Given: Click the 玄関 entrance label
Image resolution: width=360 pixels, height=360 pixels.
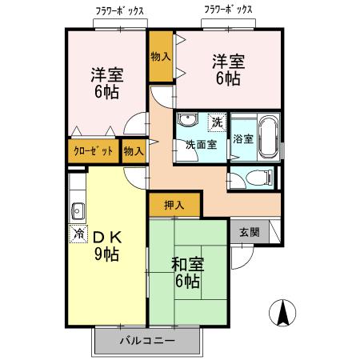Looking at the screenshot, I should [x=249, y=232].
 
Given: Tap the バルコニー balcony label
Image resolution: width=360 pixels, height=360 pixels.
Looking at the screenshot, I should [x=147, y=341].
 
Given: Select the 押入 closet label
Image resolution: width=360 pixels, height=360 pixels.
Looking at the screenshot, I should [x=174, y=205].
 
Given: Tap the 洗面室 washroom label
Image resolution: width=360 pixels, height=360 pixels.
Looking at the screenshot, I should [x=200, y=145].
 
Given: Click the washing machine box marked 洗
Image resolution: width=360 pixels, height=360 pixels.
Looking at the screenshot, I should [x=217, y=122].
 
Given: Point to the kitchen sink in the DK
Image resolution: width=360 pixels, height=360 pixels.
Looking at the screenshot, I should [x=78, y=211].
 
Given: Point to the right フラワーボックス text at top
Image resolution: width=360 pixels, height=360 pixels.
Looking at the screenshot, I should [x=228, y=10].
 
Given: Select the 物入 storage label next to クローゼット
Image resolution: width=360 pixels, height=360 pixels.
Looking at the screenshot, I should [x=134, y=150].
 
